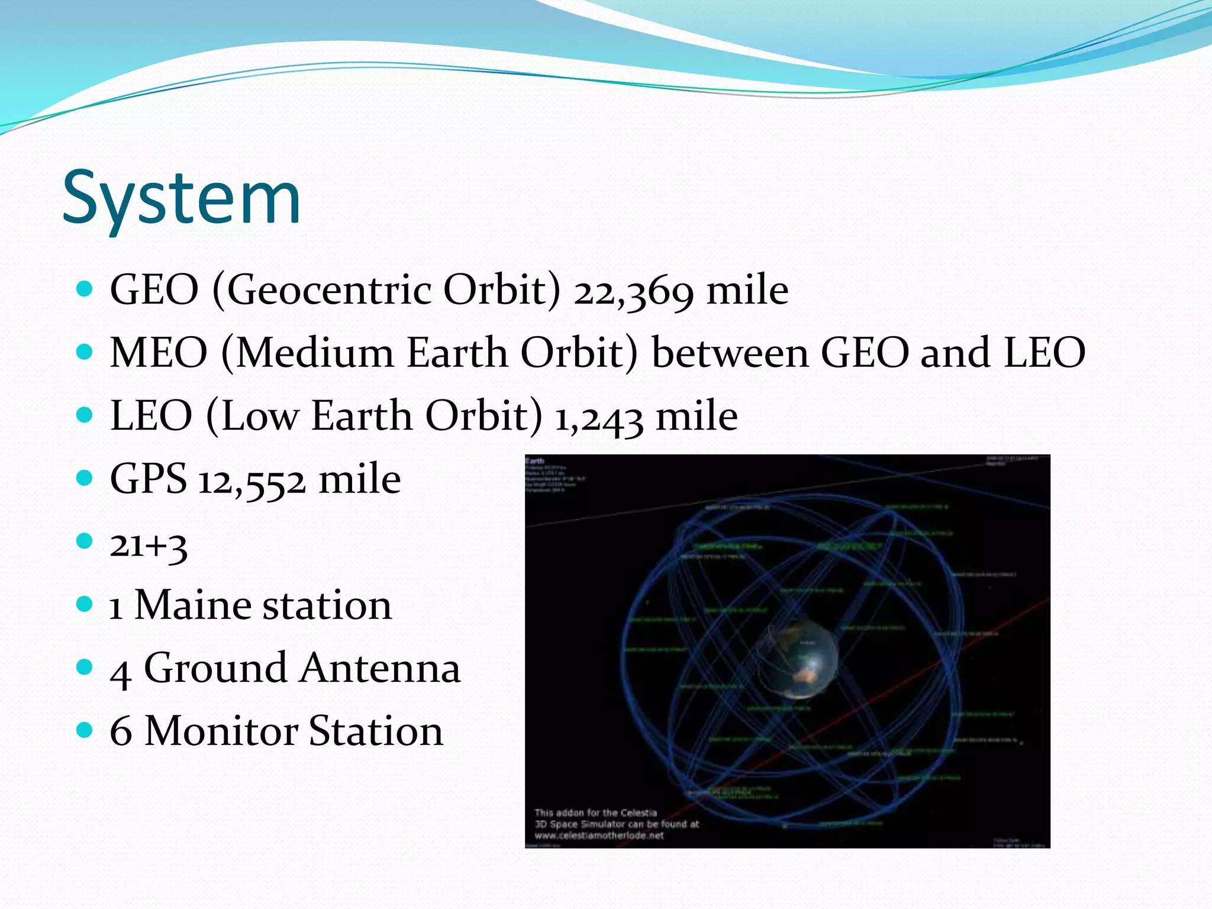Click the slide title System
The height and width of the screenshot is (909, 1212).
pos(181,198)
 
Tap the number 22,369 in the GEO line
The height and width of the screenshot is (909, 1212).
pos(633,291)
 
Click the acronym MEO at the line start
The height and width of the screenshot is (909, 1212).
pos(159,353)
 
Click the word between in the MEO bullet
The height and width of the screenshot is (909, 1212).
pos(729,353)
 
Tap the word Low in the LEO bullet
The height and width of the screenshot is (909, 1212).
pos(260,416)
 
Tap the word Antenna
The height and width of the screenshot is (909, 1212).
pos(380,668)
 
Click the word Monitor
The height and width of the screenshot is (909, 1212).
pos(220,731)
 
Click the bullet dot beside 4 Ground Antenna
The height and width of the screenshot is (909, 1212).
pos(85,668)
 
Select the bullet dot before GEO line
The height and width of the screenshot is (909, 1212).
pos(85,289)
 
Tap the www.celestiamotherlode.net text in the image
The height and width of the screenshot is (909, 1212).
pos(599,836)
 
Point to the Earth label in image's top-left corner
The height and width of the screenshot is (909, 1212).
pos(535,460)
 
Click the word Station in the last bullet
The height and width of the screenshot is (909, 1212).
pos(376,731)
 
